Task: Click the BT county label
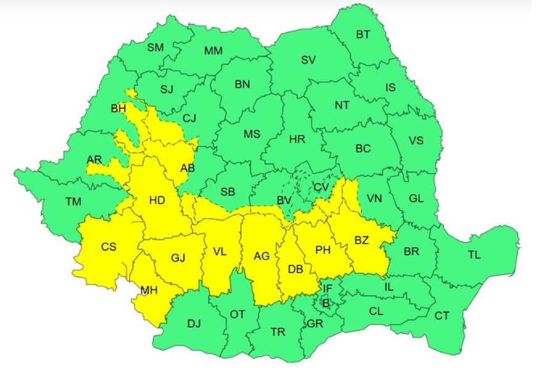tap(363, 35)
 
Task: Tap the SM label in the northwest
tap(155, 47)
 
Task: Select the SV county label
tap(308, 60)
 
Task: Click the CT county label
tap(442, 316)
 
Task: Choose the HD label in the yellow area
tap(157, 200)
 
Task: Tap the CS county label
tap(109, 247)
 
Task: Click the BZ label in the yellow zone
tap(361, 240)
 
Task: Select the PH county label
tap(323, 250)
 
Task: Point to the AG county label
tap(262, 256)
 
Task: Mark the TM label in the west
tap(73, 201)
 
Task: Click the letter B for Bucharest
tap(326, 302)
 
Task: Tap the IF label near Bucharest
tap(328, 288)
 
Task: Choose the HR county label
tap(297, 139)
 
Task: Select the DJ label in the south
tap(194, 323)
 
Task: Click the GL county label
tap(416, 199)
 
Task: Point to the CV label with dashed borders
tap(321, 187)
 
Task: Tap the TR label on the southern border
tap(278, 332)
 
